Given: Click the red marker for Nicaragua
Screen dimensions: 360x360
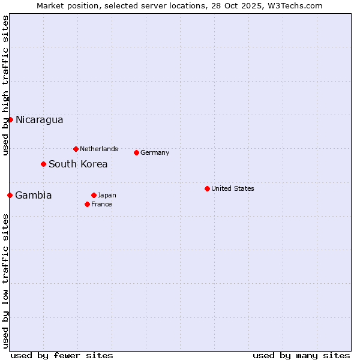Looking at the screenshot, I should [x=10, y=119].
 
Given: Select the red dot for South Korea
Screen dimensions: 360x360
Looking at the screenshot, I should [x=43, y=164].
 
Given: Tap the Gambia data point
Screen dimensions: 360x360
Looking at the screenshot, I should [x=10, y=195].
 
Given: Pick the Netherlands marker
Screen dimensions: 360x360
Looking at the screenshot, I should [x=76, y=149].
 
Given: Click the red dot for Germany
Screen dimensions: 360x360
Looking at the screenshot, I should [x=136, y=152].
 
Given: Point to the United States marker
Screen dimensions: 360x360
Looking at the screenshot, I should [x=207, y=188].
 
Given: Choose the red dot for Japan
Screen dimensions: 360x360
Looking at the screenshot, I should [x=94, y=195].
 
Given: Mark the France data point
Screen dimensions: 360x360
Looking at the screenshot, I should [x=87, y=204].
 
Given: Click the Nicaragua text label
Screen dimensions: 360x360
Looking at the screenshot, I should [x=39, y=119].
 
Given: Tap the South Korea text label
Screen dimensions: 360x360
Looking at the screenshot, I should [x=78, y=164].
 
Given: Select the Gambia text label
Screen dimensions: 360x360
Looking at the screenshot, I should [x=34, y=195].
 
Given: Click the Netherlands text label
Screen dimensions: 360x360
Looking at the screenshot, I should [x=99, y=149].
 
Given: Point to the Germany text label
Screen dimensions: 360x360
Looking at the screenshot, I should [x=155, y=152].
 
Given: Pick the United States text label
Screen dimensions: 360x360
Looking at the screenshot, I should [x=233, y=188].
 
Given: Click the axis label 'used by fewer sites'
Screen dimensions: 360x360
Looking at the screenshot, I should [x=62, y=355].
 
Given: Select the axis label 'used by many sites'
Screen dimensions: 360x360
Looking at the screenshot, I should [x=301, y=355].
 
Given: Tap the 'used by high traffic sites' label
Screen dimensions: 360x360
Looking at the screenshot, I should [x=5, y=85].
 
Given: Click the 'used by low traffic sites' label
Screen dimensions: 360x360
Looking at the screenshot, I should [x=5, y=281].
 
